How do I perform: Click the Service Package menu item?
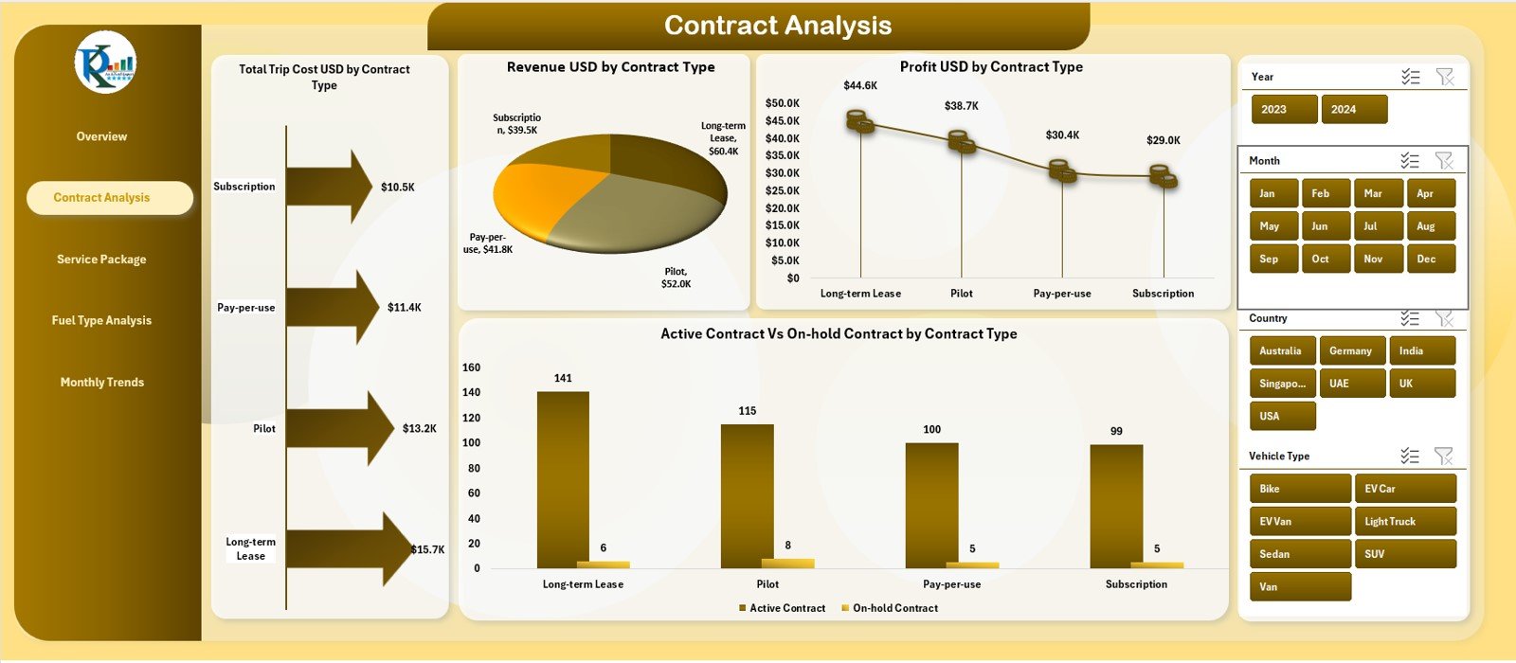point(101,260)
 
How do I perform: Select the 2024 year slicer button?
point(1353,110)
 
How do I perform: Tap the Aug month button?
point(1430,226)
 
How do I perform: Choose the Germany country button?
point(1351,351)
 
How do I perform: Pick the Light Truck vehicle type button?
point(1404,522)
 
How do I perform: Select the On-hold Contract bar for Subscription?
point(1156,564)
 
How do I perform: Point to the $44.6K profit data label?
point(860,86)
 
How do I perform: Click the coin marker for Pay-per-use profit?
point(1062,171)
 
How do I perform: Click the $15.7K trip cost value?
point(427,549)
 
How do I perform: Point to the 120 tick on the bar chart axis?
point(471,418)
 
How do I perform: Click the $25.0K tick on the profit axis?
point(783,191)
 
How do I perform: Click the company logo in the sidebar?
point(105,63)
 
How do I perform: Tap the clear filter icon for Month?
point(1444,161)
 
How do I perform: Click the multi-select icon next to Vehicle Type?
point(1410,457)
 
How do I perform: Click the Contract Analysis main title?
point(777,26)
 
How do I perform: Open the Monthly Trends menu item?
point(101,383)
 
